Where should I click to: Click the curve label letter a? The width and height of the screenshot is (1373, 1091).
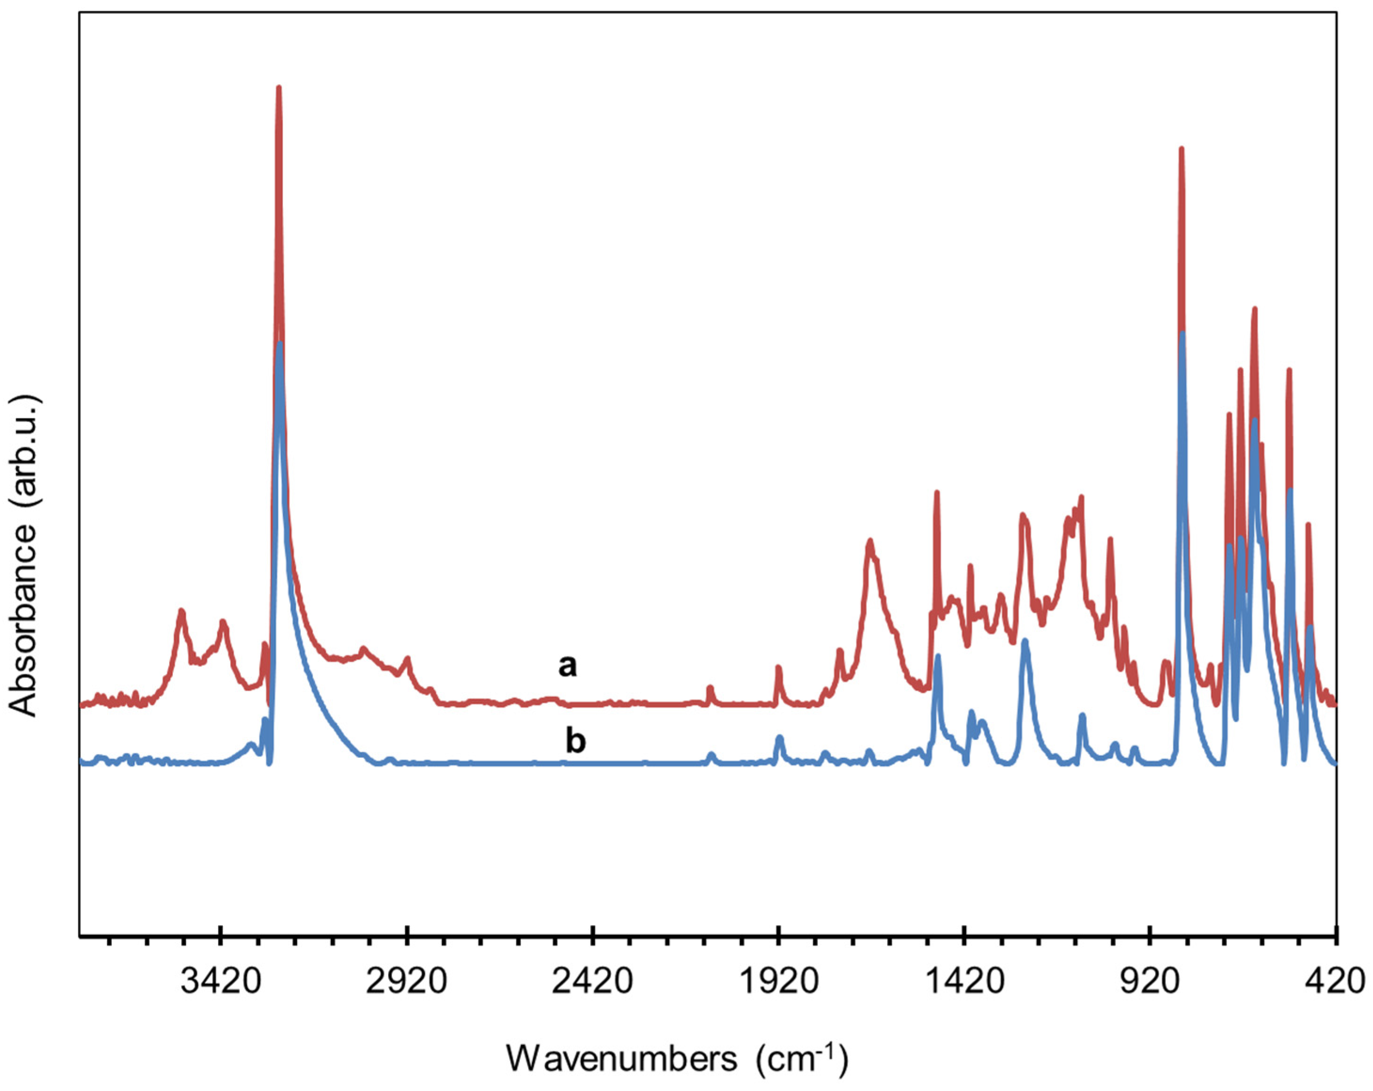coord(568,666)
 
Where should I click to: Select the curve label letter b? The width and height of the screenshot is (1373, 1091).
coord(576,741)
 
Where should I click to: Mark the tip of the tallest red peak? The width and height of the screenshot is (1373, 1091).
coord(278,87)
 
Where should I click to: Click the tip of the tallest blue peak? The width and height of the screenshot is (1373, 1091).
coord(280,344)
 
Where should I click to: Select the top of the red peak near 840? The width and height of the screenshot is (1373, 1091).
coord(1181,148)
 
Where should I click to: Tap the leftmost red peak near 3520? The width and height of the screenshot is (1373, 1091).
coord(181,611)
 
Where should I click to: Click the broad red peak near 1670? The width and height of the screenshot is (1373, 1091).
coord(870,541)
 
